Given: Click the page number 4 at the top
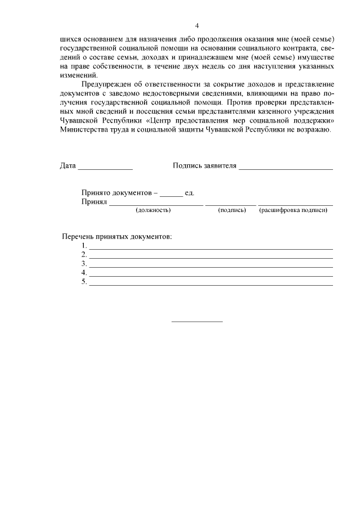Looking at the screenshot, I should [x=197, y=26].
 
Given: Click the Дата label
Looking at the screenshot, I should [x=67, y=166].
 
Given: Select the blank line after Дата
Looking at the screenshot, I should [x=105, y=168].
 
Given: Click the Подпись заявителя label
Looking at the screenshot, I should [x=205, y=166].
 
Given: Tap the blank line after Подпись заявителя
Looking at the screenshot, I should [x=286, y=168].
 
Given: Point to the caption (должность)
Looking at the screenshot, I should [x=154, y=210].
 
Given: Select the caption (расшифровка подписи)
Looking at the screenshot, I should [x=293, y=210].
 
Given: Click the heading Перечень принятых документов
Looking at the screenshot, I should [x=116, y=236].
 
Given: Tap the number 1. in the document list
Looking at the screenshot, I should [x=84, y=246].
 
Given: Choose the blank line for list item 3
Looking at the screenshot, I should [x=211, y=267].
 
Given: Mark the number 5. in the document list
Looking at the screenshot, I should [x=84, y=282].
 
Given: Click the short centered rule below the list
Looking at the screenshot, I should [x=197, y=322].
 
